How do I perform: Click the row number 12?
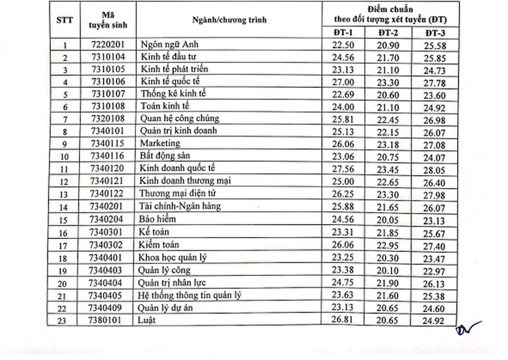(65, 181)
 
